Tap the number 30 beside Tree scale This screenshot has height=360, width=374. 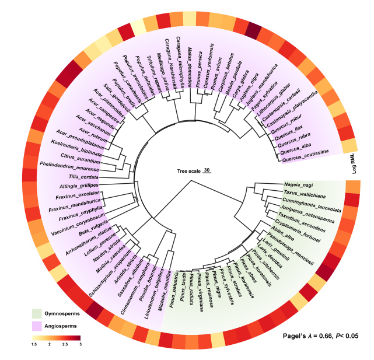[x=207, y=170]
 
